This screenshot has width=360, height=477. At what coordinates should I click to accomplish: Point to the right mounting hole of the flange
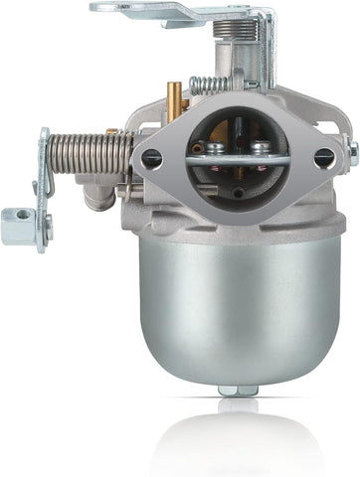[x=324, y=156]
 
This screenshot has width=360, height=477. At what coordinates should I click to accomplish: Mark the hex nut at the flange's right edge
[x=352, y=151]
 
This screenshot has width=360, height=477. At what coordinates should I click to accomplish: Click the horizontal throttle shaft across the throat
[x=239, y=159]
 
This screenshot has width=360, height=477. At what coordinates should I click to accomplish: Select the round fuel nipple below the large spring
[x=96, y=196]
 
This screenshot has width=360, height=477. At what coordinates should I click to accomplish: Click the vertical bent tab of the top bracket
[x=266, y=50]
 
